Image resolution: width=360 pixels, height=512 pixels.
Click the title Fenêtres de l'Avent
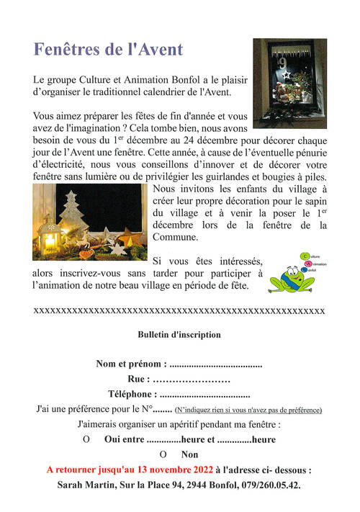[x=109, y=50]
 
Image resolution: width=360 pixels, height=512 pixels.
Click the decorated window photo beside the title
[x=289, y=84]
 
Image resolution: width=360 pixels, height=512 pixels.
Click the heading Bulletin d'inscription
[x=179, y=335]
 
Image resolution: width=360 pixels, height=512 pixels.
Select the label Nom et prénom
[x=131, y=364]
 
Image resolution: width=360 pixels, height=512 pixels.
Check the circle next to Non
[x=163, y=454]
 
